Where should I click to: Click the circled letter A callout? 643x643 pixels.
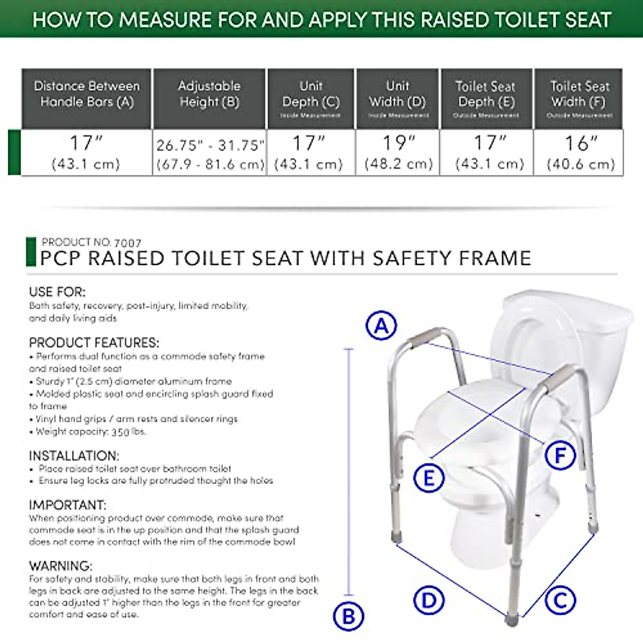pyautogui.click(x=381, y=325)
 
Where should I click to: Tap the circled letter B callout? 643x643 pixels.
pyautogui.click(x=348, y=616)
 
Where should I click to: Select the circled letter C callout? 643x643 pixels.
pyautogui.click(x=560, y=600)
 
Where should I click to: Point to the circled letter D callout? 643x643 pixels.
pyautogui.click(x=429, y=600)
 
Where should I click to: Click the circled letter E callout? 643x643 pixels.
pyautogui.click(x=429, y=477)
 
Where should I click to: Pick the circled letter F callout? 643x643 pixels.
pyautogui.click(x=560, y=455)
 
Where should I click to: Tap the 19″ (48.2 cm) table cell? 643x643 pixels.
pyautogui.click(x=398, y=152)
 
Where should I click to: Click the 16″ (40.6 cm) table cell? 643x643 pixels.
pyautogui.click(x=580, y=152)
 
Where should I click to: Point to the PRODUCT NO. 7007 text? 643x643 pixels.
pyautogui.click(x=91, y=242)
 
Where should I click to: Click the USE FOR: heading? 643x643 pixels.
pyautogui.click(x=57, y=292)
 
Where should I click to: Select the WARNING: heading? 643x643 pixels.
pyautogui.click(x=61, y=566)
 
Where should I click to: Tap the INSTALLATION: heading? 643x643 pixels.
pyautogui.click(x=74, y=456)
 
